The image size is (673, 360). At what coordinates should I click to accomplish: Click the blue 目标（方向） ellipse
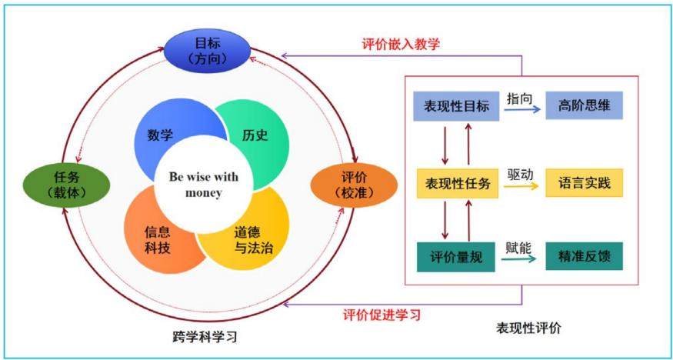pyautogui.click(x=208, y=52)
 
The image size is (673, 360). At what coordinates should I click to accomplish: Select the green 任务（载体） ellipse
pyautogui.click(x=66, y=185)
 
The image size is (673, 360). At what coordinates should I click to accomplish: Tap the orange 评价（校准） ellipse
pyautogui.click(x=354, y=185)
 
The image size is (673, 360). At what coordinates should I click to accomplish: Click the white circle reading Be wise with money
pyautogui.click(x=204, y=185)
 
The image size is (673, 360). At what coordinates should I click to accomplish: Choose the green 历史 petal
pyautogui.click(x=258, y=135)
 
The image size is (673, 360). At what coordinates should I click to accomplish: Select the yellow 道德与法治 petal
pyautogui.click(x=253, y=238)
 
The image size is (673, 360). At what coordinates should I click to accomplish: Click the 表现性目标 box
pyautogui.click(x=456, y=106)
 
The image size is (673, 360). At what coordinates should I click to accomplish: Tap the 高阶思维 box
pyautogui.click(x=584, y=105)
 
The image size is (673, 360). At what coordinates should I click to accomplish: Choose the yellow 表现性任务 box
pyautogui.click(x=458, y=183)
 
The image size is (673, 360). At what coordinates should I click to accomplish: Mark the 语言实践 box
pyautogui.click(x=584, y=183)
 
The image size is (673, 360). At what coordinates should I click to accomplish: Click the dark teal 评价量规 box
pyautogui.click(x=456, y=257)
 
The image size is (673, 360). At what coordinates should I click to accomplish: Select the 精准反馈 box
pyautogui.click(x=584, y=256)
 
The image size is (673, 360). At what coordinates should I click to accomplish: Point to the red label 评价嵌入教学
pyautogui.click(x=401, y=44)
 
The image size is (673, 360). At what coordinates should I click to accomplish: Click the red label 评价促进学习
pyautogui.click(x=382, y=315)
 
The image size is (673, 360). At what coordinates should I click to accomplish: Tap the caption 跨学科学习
pyautogui.click(x=204, y=337)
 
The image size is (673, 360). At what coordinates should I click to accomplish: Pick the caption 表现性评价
pyautogui.click(x=528, y=328)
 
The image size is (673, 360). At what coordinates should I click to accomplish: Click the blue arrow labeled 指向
pyautogui.click(x=522, y=110)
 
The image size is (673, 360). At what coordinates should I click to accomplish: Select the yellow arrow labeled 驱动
pyautogui.click(x=521, y=186)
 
